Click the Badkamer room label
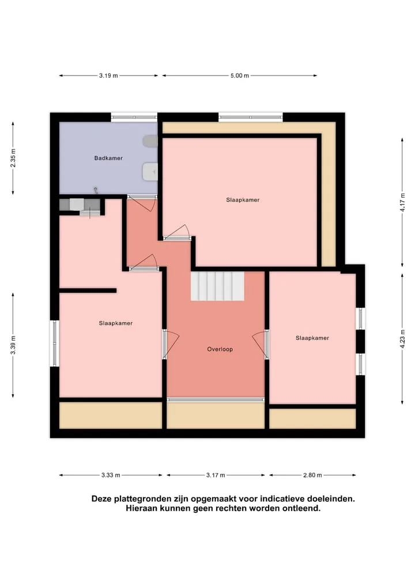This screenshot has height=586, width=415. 108,158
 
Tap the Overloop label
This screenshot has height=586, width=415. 220,349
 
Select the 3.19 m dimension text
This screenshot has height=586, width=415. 108,75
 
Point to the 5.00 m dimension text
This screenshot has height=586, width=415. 240,75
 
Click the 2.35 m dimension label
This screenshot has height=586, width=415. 13,158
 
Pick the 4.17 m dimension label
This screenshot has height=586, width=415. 402,202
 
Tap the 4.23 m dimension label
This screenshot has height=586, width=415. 402,339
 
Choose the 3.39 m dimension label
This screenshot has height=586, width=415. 13,345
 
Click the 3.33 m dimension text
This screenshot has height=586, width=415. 111,475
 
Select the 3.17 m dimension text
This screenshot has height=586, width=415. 216,475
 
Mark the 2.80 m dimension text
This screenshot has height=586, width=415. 312,475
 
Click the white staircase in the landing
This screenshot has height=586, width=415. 217,286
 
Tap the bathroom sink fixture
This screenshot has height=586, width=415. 150,172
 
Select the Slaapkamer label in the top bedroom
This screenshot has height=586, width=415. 243,200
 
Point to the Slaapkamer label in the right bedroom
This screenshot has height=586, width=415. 312,338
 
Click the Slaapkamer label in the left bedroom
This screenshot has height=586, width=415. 115,323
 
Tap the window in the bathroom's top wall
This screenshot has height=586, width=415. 134,117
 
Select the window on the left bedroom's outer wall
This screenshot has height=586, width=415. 55,343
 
